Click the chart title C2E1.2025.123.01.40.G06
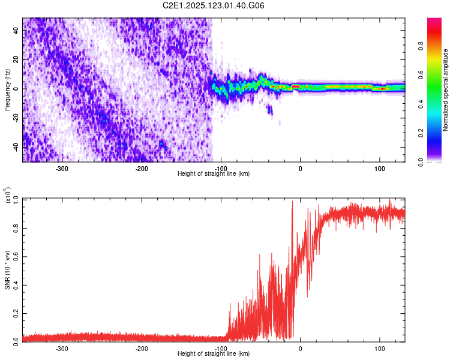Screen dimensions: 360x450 214,5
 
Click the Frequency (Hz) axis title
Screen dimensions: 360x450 7,90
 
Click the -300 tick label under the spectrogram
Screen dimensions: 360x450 62,168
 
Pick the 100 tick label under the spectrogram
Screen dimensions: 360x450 380,168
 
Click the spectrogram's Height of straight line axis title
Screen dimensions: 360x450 214,173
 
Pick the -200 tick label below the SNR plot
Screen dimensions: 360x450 142,348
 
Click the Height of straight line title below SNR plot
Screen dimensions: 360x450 214,353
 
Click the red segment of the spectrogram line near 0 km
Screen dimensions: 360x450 295,87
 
